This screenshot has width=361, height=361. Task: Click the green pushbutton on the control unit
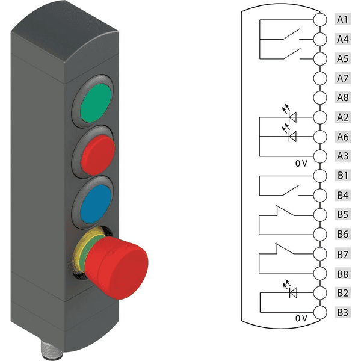click(96, 103)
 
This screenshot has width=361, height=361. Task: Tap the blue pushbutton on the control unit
click(96, 204)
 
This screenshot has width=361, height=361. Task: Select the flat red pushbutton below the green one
click(98, 155)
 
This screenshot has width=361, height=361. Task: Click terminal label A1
click(342, 19)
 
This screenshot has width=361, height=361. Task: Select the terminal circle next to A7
click(320, 78)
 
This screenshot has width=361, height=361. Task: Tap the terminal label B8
click(342, 274)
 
